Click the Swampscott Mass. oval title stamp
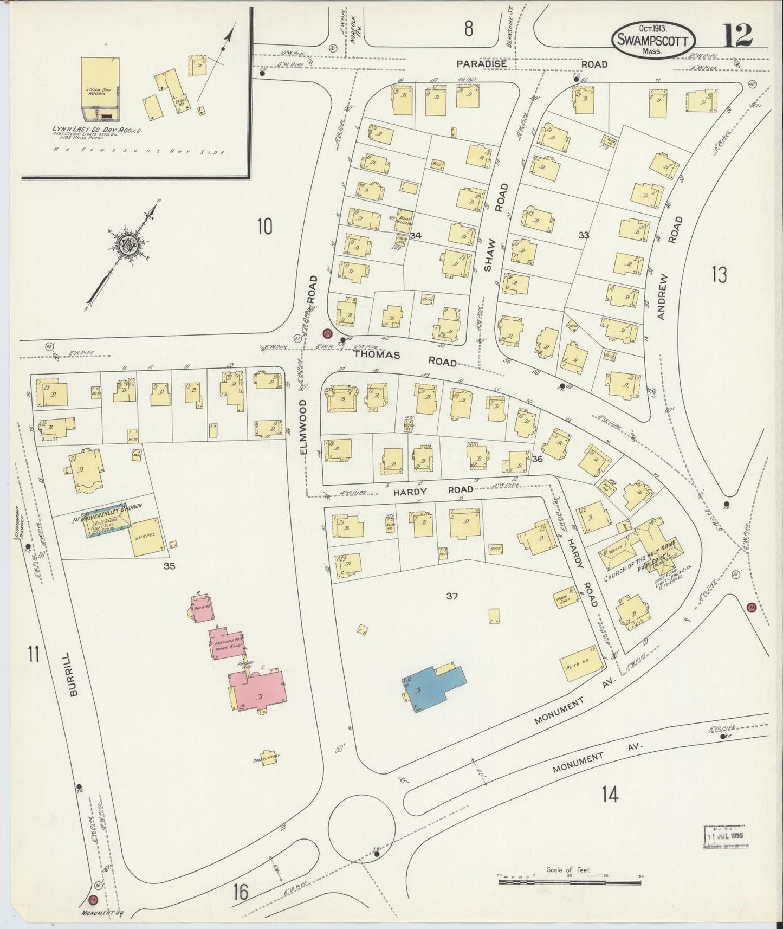[653, 40]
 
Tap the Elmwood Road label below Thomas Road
[303, 427]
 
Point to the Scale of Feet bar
[569, 882]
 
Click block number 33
[583, 235]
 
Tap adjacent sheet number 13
[719, 275]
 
